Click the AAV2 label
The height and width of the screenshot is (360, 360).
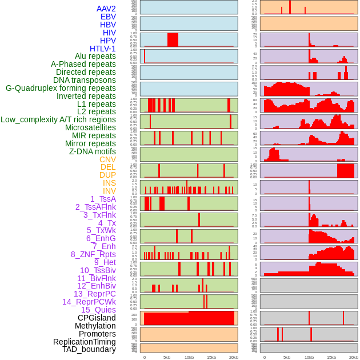click(x=106, y=9)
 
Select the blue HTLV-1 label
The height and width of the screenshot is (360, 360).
click(x=102, y=49)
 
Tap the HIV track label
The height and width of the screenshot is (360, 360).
click(x=109, y=33)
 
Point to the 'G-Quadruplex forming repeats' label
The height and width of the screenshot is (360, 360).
click(x=61, y=88)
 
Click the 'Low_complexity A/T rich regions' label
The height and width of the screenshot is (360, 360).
click(x=58, y=119)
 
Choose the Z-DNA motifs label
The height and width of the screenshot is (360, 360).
click(x=92, y=151)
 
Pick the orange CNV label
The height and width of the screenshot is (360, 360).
click(x=107, y=159)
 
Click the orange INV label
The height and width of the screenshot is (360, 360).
click(x=109, y=191)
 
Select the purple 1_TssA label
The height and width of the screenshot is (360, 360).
click(x=103, y=199)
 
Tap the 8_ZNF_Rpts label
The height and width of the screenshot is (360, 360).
click(x=93, y=254)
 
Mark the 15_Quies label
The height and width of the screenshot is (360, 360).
click(x=98, y=310)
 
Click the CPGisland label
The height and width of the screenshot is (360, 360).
click(x=97, y=318)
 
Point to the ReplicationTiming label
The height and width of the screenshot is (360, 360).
click(x=84, y=342)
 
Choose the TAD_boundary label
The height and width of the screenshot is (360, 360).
click(x=89, y=349)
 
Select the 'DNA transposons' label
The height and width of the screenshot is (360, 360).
click(x=84, y=80)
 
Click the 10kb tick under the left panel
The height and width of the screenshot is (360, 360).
click(x=189, y=357)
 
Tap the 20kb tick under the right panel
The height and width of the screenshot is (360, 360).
click(x=353, y=357)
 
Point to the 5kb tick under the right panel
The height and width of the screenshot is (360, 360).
click(x=286, y=357)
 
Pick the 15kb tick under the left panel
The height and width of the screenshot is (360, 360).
click(x=211, y=357)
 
